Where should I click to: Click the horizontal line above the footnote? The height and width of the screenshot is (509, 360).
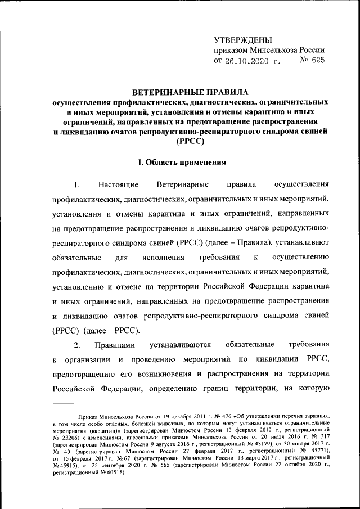(96, 403)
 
